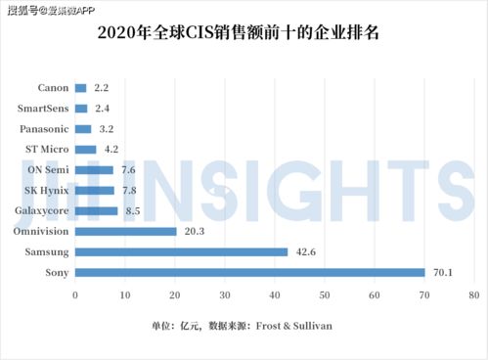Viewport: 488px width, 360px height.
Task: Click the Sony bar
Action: (x=249, y=272)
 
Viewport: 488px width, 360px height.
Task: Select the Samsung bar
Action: (x=181, y=251)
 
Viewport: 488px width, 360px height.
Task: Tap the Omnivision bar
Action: (x=125, y=231)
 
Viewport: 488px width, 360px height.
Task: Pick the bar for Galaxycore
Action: (x=96, y=210)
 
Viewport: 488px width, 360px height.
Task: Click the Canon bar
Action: (x=80, y=88)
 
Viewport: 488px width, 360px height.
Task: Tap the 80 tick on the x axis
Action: (x=472, y=294)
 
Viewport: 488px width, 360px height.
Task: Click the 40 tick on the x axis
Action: (x=274, y=294)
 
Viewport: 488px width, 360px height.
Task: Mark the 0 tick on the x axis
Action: (x=74, y=294)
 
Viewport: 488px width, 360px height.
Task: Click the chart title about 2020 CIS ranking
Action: (x=244, y=34)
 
